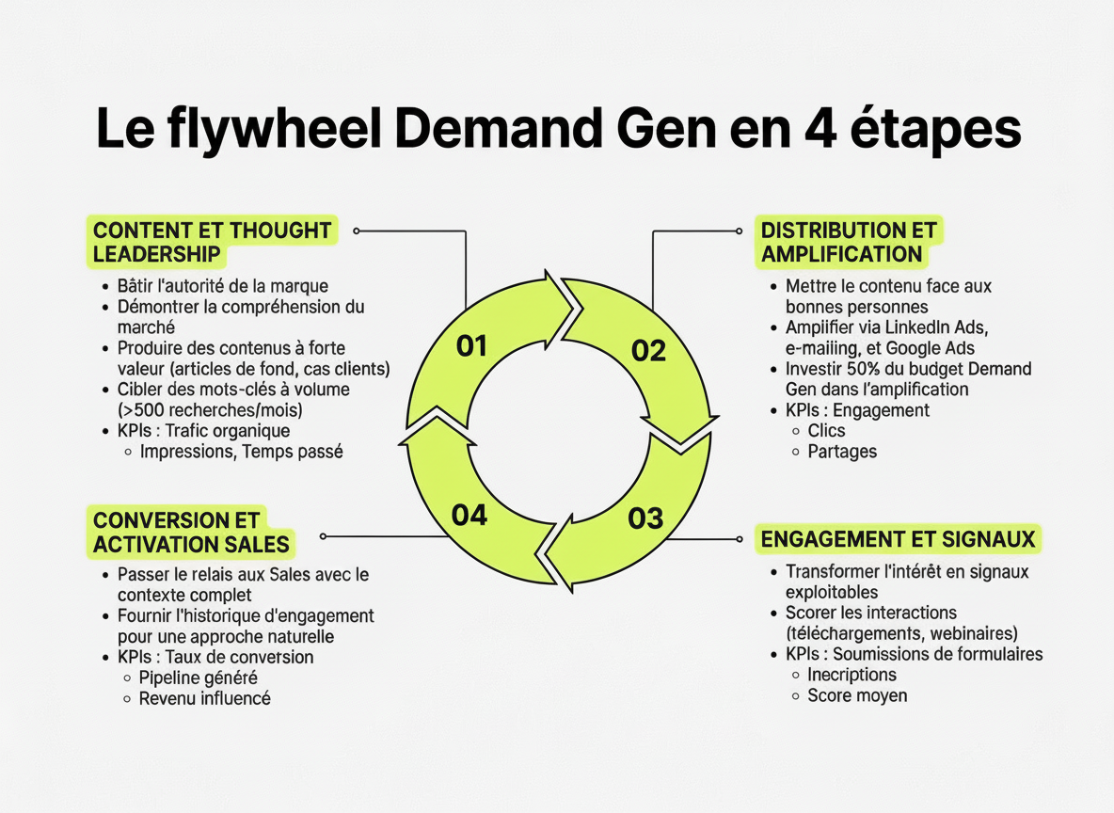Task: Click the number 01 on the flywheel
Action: (x=470, y=346)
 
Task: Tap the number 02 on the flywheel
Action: (x=647, y=351)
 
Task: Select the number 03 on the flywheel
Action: (x=645, y=518)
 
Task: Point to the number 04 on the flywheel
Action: (x=469, y=515)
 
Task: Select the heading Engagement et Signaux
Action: (x=898, y=539)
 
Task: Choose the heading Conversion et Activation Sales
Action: (x=191, y=532)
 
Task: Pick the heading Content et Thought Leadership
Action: (x=212, y=242)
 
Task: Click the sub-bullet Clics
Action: (x=826, y=431)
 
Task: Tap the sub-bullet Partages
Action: (x=842, y=452)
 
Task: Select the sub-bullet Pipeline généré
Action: (x=198, y=677)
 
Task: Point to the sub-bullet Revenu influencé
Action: (x=204, y=698)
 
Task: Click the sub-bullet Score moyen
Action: (x=857, y=696)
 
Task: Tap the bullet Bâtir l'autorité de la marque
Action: (x=222, y=285)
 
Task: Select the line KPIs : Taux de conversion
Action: (x=215, y=657)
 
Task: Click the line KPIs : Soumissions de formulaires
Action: (x=914, y=654)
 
